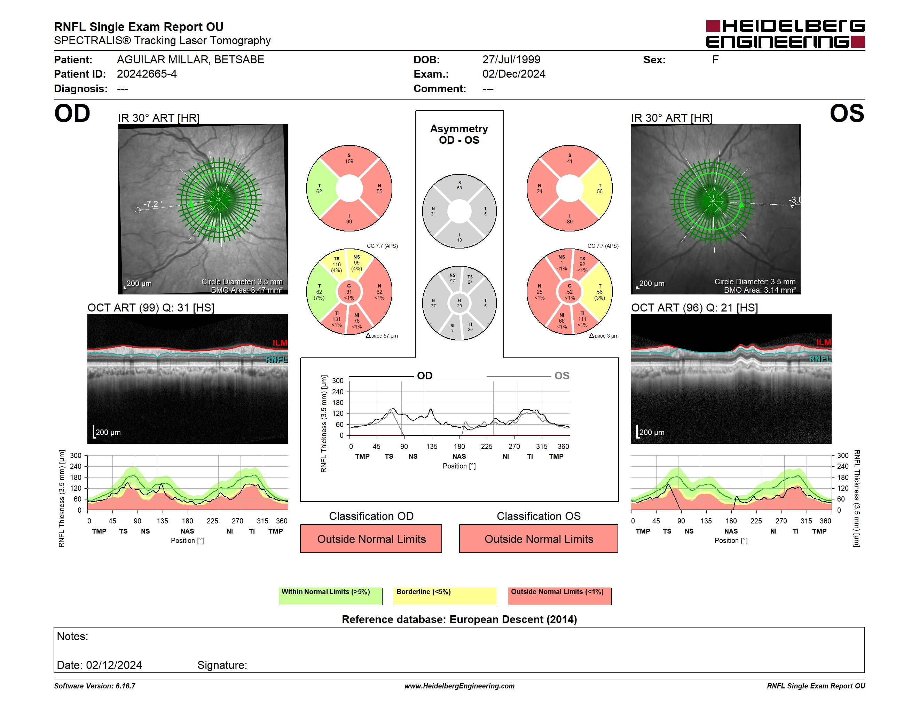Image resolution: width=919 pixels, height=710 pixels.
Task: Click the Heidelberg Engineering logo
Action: pos(785,34)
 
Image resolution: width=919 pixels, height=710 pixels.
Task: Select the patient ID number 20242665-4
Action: pos(147,74)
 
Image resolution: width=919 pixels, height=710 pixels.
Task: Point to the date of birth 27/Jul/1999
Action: pos(511,60)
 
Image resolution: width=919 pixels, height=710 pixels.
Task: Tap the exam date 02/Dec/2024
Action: pos(514,74)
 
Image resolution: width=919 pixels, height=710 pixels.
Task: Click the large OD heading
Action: pos(72,113)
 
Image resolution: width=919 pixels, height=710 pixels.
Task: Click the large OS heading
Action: pos(847,113)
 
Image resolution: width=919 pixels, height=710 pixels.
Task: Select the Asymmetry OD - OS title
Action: pos(459,134)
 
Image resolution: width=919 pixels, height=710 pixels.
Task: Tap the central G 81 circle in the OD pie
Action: pos(349,292)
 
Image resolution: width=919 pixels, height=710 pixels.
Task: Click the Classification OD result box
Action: pos(371,538)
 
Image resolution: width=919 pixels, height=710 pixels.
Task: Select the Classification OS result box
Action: pos(539,538)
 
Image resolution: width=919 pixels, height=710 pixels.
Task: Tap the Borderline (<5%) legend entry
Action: pos(445,595)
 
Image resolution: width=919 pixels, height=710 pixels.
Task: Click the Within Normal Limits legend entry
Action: pos(330,595)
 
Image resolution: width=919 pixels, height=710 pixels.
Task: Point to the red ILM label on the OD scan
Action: pos(280,343)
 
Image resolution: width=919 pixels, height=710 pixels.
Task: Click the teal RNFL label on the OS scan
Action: pos(820,359)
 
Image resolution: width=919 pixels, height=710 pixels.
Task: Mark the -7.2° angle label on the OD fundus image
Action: pos(154,204)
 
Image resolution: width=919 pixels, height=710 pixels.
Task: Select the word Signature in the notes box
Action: pos(222,665)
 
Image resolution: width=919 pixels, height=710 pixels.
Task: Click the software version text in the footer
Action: pos(95,686)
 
